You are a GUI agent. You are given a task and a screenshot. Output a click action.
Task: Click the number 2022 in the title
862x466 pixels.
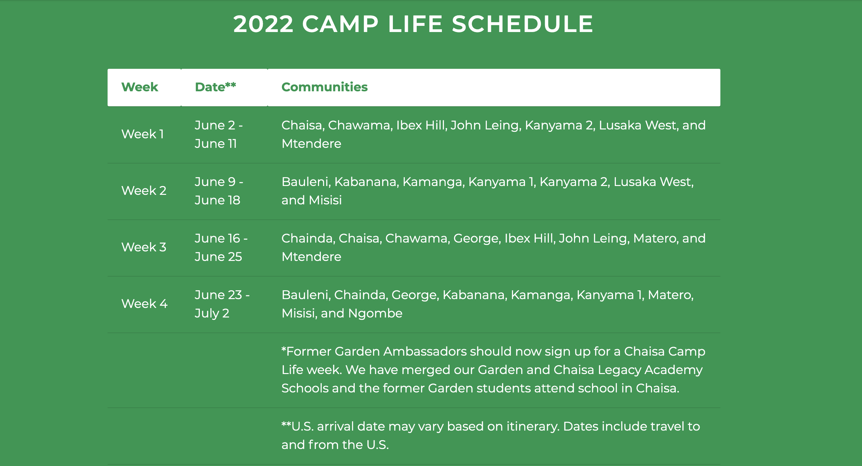click(x=263, y=24)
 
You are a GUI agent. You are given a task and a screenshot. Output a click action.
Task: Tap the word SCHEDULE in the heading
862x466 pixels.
click(x=523, y=24)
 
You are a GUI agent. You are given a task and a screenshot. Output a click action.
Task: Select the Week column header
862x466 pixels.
click(x=140, y=87)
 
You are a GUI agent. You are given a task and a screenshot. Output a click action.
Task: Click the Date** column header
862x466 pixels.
click(x=215, y=87)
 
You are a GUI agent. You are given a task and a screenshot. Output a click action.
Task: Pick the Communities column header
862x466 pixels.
click(x=324, y=87)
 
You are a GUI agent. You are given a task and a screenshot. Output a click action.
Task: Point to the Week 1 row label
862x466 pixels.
click(x=143, y=134)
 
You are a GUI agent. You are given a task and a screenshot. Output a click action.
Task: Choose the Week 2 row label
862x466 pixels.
click(x=144, y=190)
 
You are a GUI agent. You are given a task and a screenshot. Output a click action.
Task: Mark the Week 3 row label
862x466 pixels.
click(x=144, y=247)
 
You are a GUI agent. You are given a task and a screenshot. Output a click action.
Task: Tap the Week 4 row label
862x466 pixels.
click(x=144, y=304)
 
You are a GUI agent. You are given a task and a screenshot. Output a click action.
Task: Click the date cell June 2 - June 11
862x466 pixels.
click(x=219, y=134)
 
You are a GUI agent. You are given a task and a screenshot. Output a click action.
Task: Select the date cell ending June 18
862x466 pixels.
click(x=219, y=191)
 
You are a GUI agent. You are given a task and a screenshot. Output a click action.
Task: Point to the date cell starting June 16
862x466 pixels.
click(x=221, y=247)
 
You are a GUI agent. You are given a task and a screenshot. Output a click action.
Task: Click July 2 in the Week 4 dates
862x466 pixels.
click(x=212, y=313)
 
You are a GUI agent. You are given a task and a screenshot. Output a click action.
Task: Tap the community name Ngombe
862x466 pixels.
click(x=375, y=313)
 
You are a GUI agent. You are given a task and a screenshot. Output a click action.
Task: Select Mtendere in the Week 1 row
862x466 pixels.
click(x=311, y=144)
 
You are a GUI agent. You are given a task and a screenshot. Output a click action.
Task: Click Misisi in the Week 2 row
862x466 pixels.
click(x=325, y=200)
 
